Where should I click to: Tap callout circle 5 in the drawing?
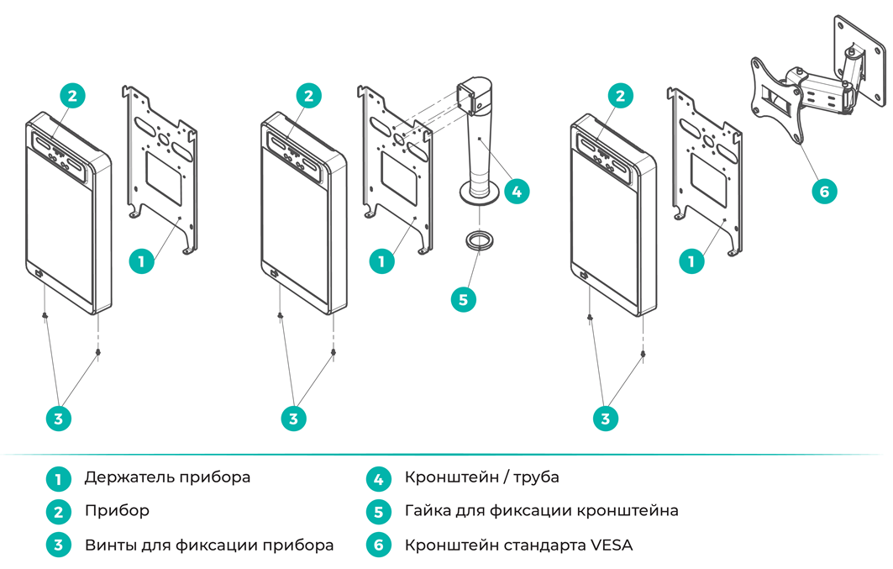coord(463,299)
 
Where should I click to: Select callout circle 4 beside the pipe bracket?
coord(516,192)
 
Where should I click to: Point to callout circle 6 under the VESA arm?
coord(824,192)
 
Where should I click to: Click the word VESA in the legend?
coord(611,545)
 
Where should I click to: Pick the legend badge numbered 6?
coord(378,545)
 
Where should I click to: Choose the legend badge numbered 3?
coord(58,545)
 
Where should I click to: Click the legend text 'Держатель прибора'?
coord(167,477)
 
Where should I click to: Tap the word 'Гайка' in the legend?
coord(425,510)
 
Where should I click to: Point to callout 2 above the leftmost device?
coord(72,96)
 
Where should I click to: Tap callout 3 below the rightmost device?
coord(605,419)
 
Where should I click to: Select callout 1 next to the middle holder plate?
coord(381,261)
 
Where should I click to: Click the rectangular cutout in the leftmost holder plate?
coord(164,178)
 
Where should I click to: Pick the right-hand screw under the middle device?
coord(334,353)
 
